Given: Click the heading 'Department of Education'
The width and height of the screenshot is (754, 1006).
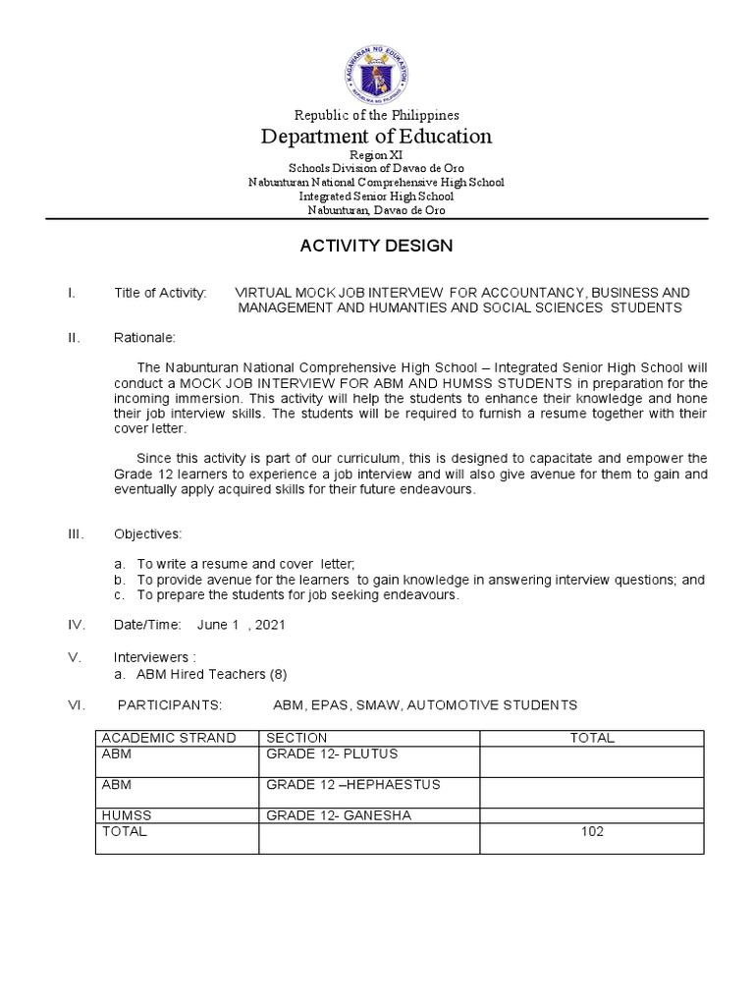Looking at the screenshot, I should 376,137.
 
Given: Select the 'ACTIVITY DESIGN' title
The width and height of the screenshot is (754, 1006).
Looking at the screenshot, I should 376,246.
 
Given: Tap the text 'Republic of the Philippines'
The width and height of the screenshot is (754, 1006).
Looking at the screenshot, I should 376,115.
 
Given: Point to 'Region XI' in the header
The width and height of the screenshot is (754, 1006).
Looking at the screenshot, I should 376,155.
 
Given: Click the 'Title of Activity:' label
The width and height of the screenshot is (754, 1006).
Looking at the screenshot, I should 160,293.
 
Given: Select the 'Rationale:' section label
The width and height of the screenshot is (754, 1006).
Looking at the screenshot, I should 144,338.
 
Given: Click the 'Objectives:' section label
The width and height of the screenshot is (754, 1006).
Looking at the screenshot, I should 147,533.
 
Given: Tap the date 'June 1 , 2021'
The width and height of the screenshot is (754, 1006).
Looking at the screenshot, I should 242,625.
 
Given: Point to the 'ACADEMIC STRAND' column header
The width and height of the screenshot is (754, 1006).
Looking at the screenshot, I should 169,738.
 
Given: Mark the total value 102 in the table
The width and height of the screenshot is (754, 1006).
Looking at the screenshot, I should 592,831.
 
